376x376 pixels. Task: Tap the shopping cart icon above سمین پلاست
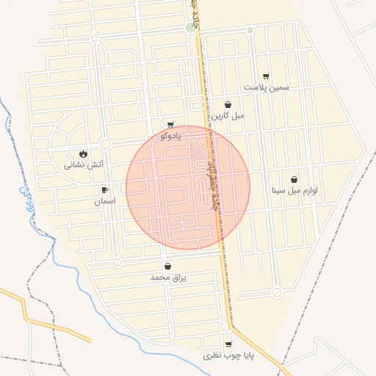[x=266, y=76]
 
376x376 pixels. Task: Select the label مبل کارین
[x=228, y=116]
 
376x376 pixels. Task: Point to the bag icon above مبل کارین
[x=228, y=105]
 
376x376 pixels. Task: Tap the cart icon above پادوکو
[x=170, y=125]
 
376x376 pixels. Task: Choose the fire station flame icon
[x=83, y=154]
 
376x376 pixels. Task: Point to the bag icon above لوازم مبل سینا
[x=294, y=179]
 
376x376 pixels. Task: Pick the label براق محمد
[x=169, y=278]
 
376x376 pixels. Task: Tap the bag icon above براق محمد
[x=168, y=267]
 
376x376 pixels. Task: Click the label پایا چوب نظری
[x=228, y=355]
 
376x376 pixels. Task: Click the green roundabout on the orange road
[x=191, y=28]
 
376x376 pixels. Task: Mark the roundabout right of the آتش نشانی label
[x=105, y=144]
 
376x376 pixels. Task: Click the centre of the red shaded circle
[x=188, y=187]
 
